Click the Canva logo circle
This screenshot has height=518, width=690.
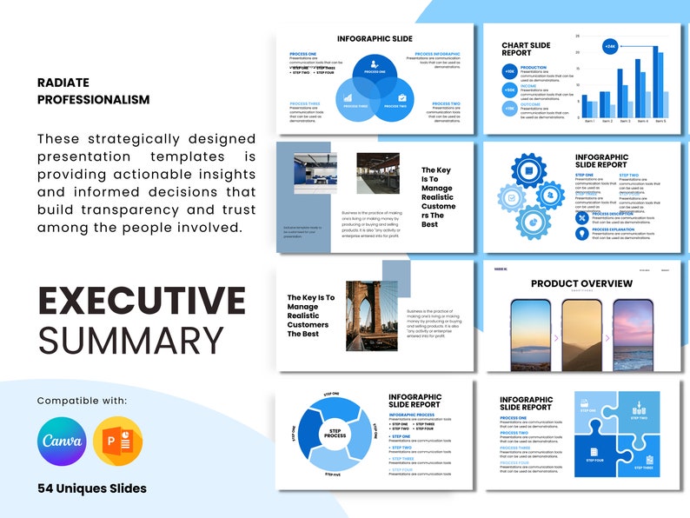pyautogui.click(x=62, y=442)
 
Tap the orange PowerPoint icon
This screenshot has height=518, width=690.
pyautogui.click(x=116, y=442)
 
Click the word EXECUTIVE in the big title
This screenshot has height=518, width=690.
pyautogui.click(x=142, y=301)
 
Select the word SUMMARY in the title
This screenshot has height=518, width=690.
pyautogui.click(x=118, y=340)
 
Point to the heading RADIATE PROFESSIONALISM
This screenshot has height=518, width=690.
pyautogui.click(x=93, y=91)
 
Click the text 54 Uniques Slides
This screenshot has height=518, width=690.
pyautogui.click(x=91, y=488)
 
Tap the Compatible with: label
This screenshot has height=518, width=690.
pyautogui.click(x=82, y=401)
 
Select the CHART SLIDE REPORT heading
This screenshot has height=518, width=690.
pyautogui.click(x=527, y=50)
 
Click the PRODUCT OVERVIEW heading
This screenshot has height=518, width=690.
pyautogui.click(x=581, y=283)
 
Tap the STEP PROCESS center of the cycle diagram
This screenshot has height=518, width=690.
pyautogui.click(x=335, y=433)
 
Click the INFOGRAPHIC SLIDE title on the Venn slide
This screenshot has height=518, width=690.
pyautogui.click(x=375, y=39)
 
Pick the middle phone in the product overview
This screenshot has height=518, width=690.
pyautogui.click(x=581, y=335)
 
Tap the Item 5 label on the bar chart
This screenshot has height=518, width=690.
pyautogui.click(x=660, y=121)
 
